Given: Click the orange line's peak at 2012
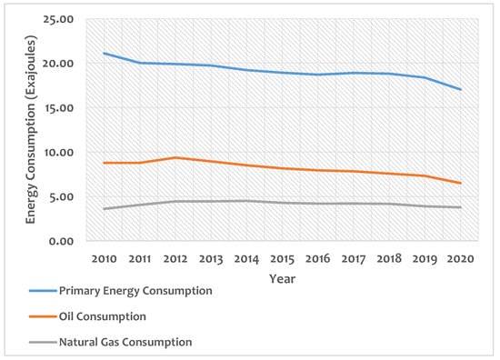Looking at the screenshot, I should (175, 157).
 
